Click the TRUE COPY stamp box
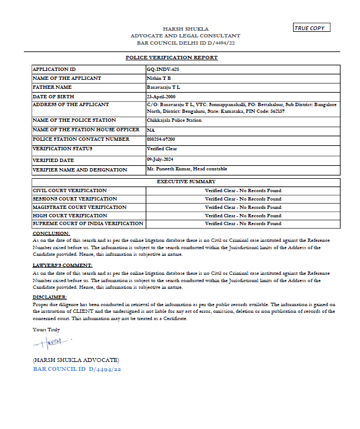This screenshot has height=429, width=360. (312, 28)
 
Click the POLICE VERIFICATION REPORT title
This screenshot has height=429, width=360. (171, 58)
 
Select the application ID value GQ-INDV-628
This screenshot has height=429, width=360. (162, 69)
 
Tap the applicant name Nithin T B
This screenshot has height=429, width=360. (159, 78)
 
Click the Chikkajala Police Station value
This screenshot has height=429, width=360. (174, 120)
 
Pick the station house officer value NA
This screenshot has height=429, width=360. (151, 130)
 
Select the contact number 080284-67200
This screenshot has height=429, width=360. (161, 139)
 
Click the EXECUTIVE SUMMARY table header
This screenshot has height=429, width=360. (186, 182)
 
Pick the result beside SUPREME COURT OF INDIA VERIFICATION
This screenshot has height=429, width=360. (243, 223)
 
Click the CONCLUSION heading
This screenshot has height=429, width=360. (51, 233)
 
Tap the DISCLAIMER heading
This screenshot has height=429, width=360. (50, 297)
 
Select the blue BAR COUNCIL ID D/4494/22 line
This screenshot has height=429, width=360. (77, 370)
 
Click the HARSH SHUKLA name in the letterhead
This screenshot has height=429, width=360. (185, 28)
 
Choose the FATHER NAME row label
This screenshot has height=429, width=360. (52, 87)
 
